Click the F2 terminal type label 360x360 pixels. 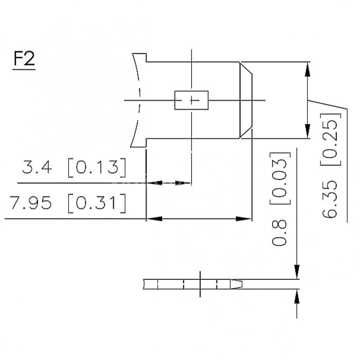[x=24, y=59]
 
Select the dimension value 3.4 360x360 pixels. [x=37, y=167]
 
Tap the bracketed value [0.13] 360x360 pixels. [x=97, y=167]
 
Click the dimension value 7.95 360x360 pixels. [x=30, y=203]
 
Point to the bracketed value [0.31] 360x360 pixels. [x=97, y=204]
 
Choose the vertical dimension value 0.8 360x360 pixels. [x=279, y=233]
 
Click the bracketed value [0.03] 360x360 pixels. [x=280, y=178]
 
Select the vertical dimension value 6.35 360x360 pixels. [x=330, y=199]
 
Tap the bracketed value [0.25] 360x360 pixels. [x=331, y=139]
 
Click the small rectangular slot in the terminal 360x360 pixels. [x=191, y=100]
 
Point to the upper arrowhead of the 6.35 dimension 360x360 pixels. [x=308, y=69]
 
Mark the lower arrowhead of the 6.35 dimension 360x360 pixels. [x=308, y=131]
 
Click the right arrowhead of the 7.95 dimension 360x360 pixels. [x=244, y=219]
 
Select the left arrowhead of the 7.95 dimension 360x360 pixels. [x=154, y=219]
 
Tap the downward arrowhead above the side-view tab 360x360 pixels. [x=297, y=272]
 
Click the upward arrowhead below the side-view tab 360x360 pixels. [x=297, y=296]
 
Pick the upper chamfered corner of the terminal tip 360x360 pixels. [x=246, y=68]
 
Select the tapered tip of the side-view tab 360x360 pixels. [x=237, y=284]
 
